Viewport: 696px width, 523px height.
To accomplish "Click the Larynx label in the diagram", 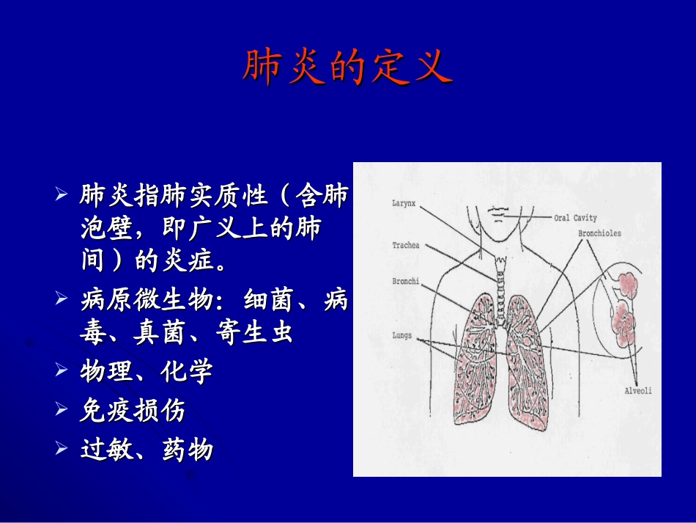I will pos(404,205).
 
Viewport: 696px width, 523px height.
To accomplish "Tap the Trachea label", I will pos(405,245).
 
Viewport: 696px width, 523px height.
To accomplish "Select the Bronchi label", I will pos(405,281).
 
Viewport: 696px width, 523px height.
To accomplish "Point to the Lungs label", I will pos(401,336).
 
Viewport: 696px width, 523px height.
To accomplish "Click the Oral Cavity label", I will pos(575,218).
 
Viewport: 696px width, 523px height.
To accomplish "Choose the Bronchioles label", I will pos(599,233).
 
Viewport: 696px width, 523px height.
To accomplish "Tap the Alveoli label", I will pos(637,391).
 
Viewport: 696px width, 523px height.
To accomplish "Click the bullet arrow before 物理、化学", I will pos(62,372).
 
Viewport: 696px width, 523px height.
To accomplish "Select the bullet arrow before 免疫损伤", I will pos(62,411).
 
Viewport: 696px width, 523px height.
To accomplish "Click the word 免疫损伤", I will pos(133,411).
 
